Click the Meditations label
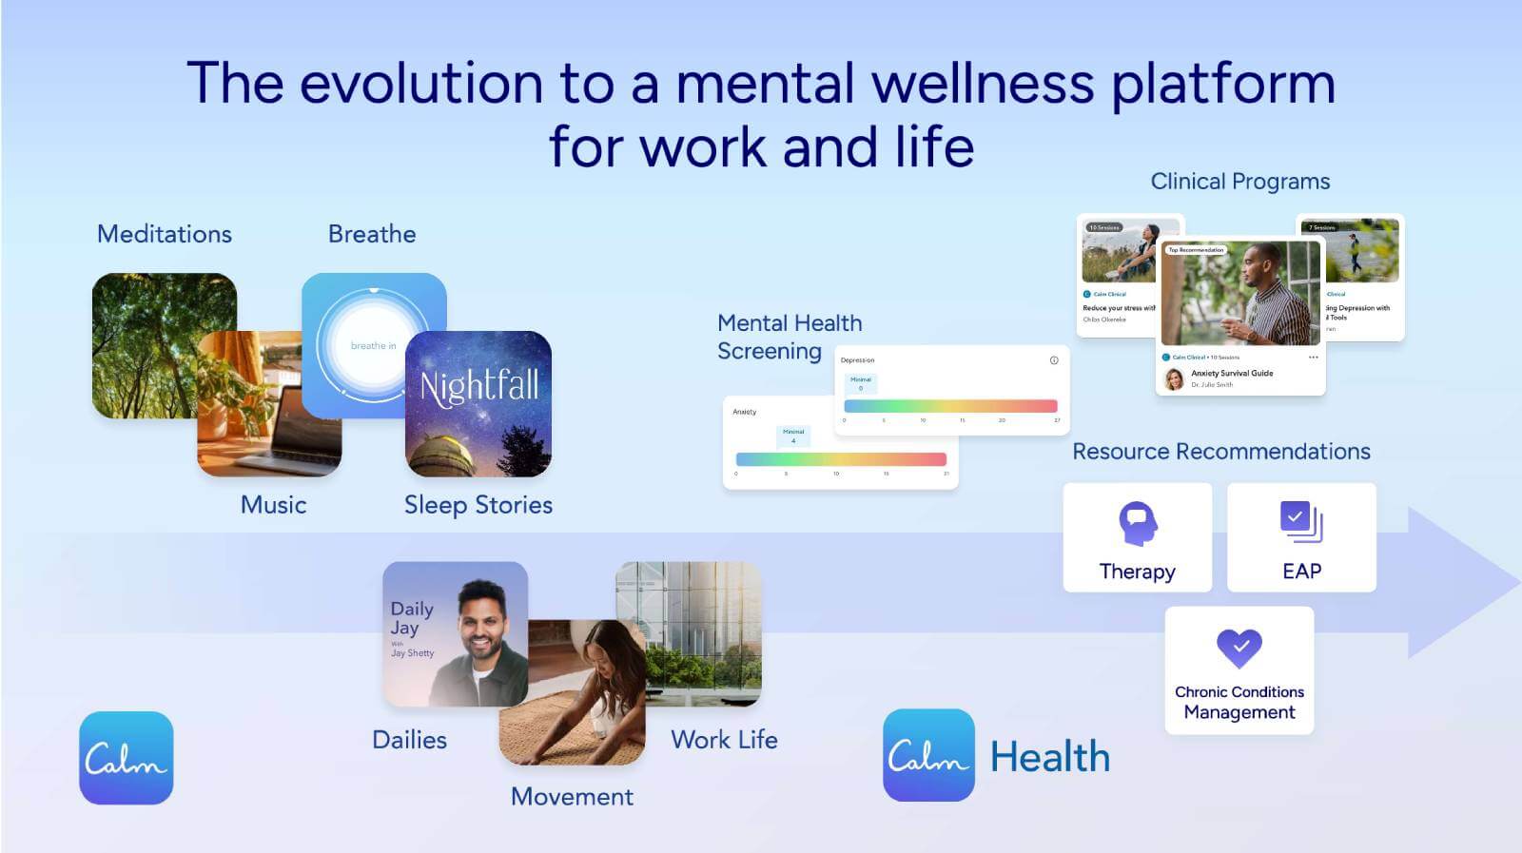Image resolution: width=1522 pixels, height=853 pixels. (x=165, y=234)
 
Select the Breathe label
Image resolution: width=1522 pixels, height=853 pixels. (x=372, y=234)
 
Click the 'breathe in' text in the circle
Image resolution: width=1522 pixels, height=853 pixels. (x=372, y=345)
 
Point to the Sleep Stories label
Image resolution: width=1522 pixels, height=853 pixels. (x=478, y=505)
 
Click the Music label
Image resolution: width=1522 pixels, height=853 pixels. (x=273, y=505)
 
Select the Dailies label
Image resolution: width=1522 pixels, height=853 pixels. (x=409, y=740)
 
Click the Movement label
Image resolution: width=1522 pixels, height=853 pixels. (x=572, y=797)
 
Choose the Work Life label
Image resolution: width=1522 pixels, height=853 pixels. (x=724, y=740)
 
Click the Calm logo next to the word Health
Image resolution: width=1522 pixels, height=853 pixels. (x=928, y=756)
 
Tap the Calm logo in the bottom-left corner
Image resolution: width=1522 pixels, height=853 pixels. (x=127, y=758)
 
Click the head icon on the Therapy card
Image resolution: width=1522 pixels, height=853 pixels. (x=1138, y=523)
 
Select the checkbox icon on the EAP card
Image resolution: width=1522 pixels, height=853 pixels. (x=1300, y=520)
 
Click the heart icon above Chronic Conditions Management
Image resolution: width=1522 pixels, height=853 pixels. (x=1239, y=649)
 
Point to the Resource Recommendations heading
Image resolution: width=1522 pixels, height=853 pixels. (x=1221, y=452)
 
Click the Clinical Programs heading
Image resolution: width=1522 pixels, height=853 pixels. (x=1240, y=182)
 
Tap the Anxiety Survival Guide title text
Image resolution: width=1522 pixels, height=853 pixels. (x=1232, y=373)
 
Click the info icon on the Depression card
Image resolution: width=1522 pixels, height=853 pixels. (x=1054, y=360)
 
